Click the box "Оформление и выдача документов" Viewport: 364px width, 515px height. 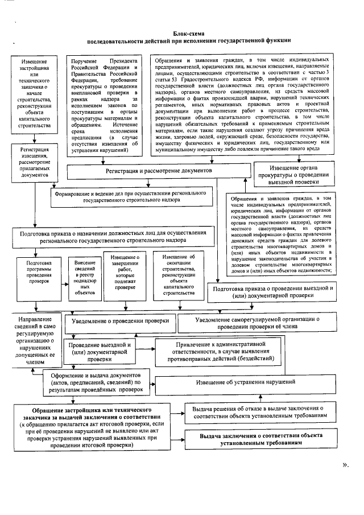point(98,383)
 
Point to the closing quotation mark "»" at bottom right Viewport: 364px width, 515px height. point(345,465)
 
